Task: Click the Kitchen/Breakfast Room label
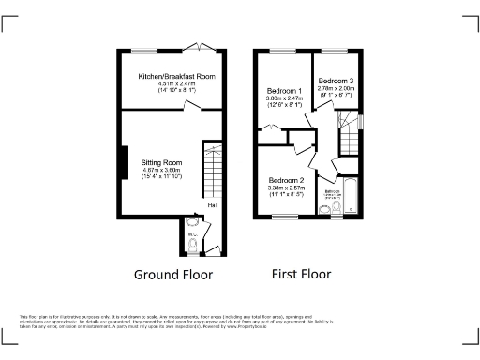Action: (177, 75)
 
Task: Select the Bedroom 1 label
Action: (283, 89)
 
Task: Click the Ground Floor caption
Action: (173, 275)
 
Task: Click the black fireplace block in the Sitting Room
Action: (122, 161)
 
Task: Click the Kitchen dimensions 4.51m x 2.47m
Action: (177, 83)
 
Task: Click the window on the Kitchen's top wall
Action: (143, 50)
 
